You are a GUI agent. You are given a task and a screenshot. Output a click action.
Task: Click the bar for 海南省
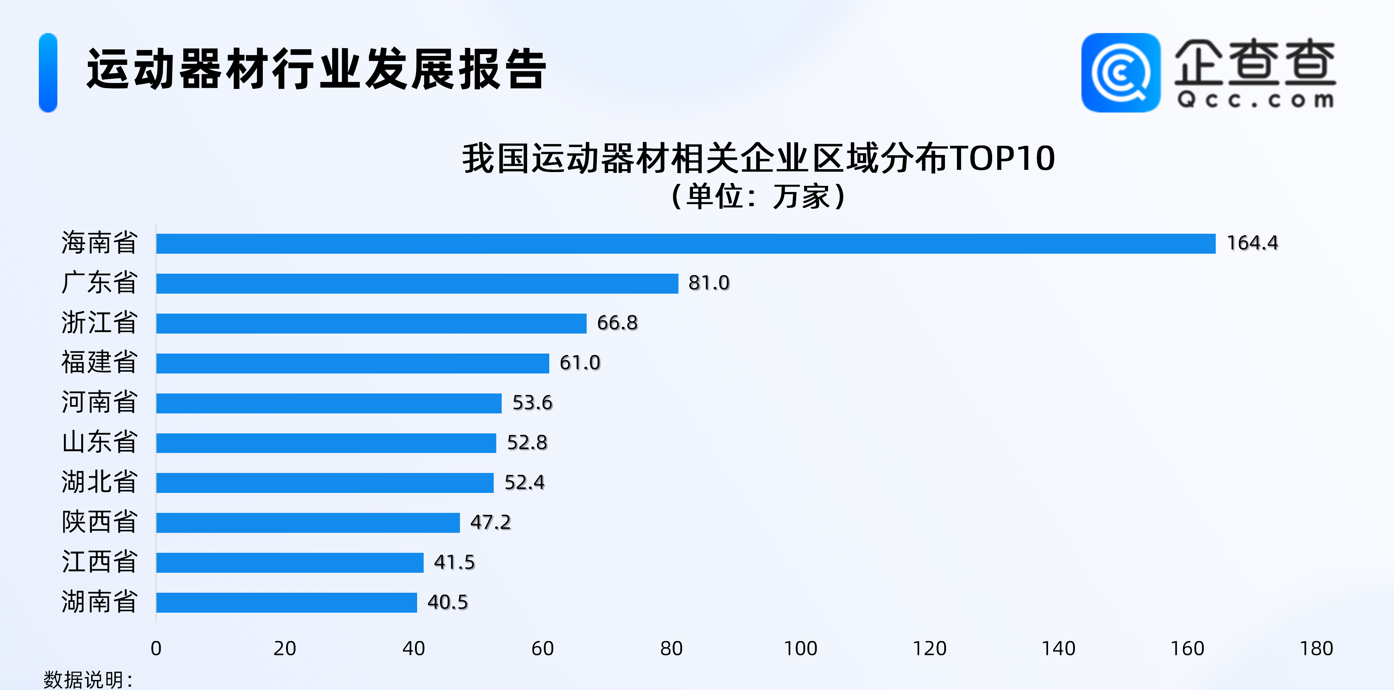[x=686, y=244]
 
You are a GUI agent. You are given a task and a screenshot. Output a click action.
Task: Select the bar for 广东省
[x=417, y=283]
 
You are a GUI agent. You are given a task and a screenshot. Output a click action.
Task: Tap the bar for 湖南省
[x=286, y=602]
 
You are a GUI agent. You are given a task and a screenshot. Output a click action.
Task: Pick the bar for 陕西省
[x=307, y=523]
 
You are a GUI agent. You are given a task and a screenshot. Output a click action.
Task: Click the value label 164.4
[x=1252, y=243]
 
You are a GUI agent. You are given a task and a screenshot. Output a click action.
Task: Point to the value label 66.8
[x=617, y=323]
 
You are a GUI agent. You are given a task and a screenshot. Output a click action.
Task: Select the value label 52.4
[x=524, y=482]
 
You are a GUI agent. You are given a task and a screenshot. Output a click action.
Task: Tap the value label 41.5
[x=454, y=562]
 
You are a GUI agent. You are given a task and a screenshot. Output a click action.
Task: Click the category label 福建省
[x=99, y=362]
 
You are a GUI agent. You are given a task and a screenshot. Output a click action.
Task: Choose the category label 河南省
[x=99, y=402]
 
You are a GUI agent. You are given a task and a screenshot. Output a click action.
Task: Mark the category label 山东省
[x=99, y=442]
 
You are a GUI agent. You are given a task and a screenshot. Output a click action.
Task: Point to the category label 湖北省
[x=99, y=482]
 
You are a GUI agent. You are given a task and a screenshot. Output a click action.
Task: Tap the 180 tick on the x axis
[x=1316, y=648]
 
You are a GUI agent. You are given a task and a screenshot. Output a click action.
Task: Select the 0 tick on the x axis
[x=156, y=648]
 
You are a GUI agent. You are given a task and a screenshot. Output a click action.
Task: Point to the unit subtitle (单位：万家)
[x=758, y=196]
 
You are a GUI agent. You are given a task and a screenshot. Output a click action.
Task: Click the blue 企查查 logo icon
[x=1121, y=73]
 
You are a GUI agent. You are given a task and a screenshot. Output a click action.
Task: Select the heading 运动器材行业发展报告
[x=317, y=69]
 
